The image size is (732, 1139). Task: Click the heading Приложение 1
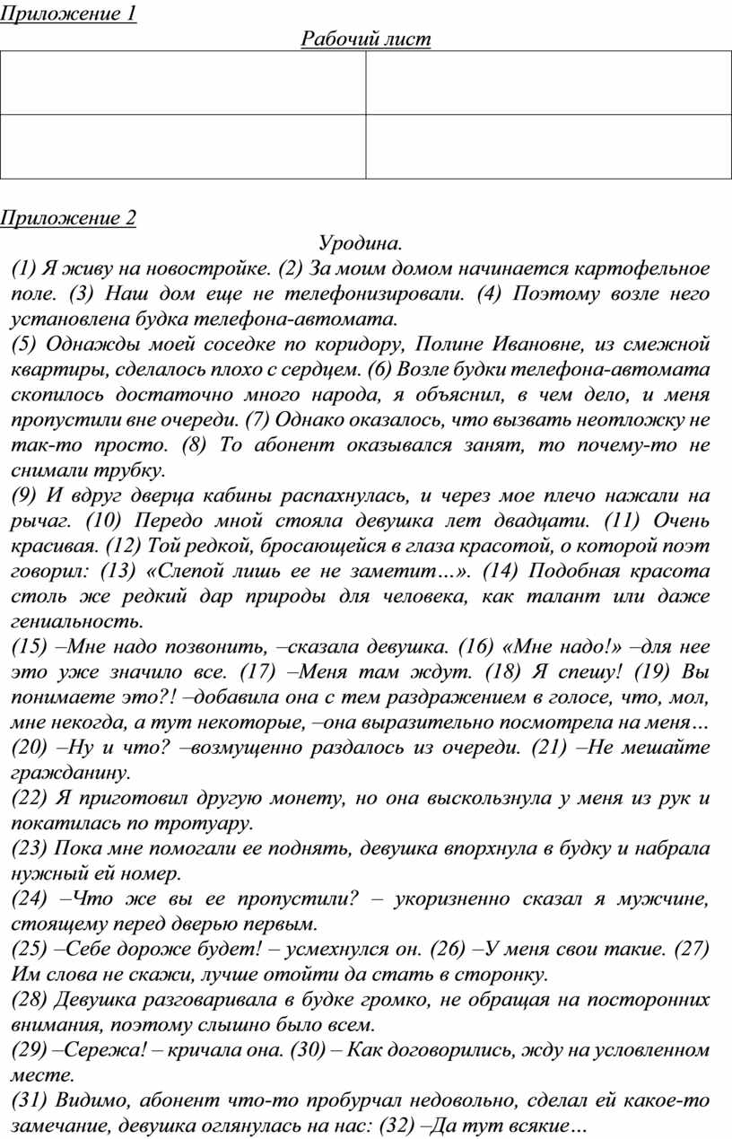68,14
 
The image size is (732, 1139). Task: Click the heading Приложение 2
68,218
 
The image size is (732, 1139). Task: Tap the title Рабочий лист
366,39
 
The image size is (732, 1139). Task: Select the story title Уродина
361,243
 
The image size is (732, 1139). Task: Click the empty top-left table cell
183,83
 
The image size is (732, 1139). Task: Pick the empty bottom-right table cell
548,147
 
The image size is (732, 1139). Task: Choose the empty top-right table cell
548,83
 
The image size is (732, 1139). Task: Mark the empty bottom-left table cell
183,147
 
